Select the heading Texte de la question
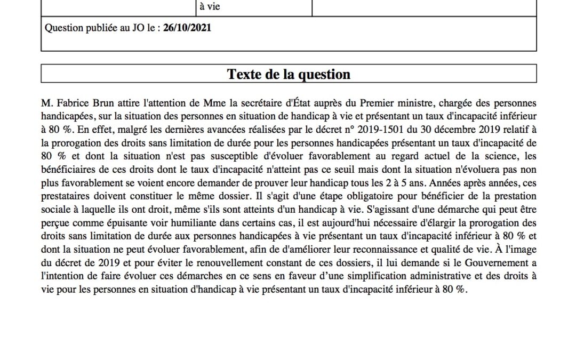pos(289,74)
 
